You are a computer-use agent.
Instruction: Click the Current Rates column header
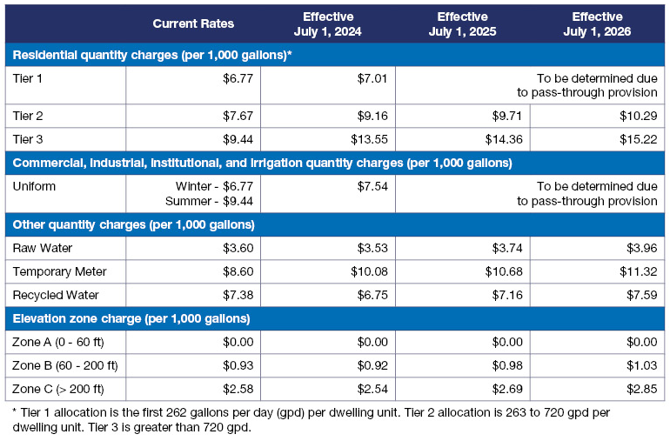[193, 23]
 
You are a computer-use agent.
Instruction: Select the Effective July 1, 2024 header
[327, 23]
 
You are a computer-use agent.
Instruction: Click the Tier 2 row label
[29, 116]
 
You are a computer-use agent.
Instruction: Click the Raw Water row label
[44, 248]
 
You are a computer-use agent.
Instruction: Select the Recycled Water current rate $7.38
[235, 295]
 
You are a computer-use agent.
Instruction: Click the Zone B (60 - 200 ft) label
[65, 364]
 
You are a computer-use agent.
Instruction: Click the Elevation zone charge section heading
[131, 318]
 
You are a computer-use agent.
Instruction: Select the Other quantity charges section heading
[133, 225]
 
